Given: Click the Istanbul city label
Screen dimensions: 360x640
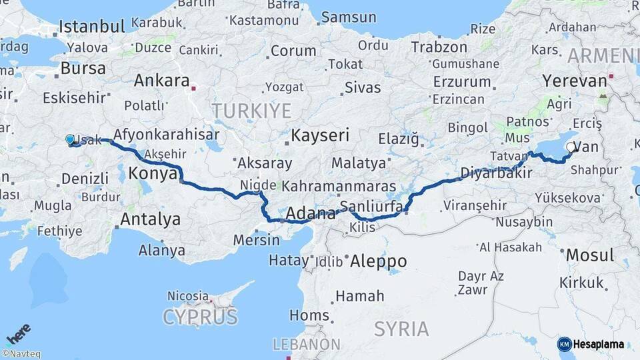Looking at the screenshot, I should pos(92,27).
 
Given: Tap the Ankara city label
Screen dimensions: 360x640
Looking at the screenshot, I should pos(161,81).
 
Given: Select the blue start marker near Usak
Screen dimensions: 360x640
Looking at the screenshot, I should pos(70,140).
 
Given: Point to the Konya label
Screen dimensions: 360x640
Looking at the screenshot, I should pos(151,173).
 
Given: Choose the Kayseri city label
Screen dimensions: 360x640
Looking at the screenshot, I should pos(320,136).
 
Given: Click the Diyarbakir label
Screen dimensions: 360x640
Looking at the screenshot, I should pos(496,173).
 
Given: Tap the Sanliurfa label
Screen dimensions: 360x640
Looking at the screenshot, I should pos(371,206).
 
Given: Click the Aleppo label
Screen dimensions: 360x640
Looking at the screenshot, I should pos(379,260).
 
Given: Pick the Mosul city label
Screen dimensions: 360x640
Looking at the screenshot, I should pos(589,255).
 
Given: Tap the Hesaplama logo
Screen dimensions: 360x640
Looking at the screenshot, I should pos(591,344).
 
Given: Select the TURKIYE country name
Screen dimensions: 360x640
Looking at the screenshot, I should pos(251,110).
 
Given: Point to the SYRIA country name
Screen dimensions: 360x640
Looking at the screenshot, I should pos(401,329).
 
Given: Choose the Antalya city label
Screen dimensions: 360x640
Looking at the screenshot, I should pos(150,219).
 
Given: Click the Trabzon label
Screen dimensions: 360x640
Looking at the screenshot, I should pos(439,47).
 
